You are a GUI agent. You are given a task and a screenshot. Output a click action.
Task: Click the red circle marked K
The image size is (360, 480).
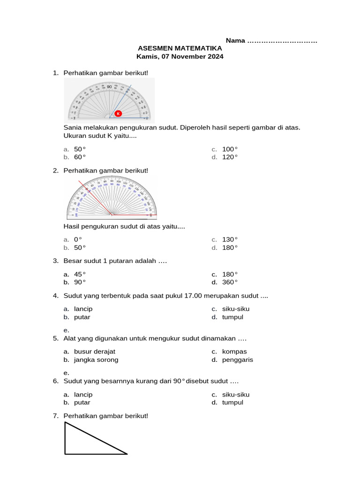[118, 113]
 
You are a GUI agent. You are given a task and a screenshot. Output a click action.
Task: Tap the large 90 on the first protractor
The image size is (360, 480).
[109, 87]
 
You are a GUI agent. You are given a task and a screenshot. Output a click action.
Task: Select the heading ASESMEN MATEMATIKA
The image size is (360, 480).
[180, 48]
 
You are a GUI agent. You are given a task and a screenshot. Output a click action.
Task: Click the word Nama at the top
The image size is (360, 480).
[235, 40]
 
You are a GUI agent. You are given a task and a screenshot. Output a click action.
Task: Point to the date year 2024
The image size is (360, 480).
[215, 57]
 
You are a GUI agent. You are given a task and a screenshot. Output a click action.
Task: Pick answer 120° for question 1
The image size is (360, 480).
[230, 157]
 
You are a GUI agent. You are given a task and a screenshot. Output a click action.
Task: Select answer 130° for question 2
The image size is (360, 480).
[230, 240]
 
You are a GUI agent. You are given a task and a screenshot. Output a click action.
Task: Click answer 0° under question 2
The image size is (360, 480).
[78, 240]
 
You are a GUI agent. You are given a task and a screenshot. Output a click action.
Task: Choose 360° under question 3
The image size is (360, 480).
[230, 282]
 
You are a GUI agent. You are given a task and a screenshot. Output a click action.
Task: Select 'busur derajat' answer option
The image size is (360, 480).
[94, 352]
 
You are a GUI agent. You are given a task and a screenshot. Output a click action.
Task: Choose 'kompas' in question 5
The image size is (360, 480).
[234, 352]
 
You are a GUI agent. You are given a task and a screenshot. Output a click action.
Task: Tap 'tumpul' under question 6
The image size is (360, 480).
[232, 403]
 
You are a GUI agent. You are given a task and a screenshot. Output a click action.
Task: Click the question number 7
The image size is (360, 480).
[56, 416]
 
